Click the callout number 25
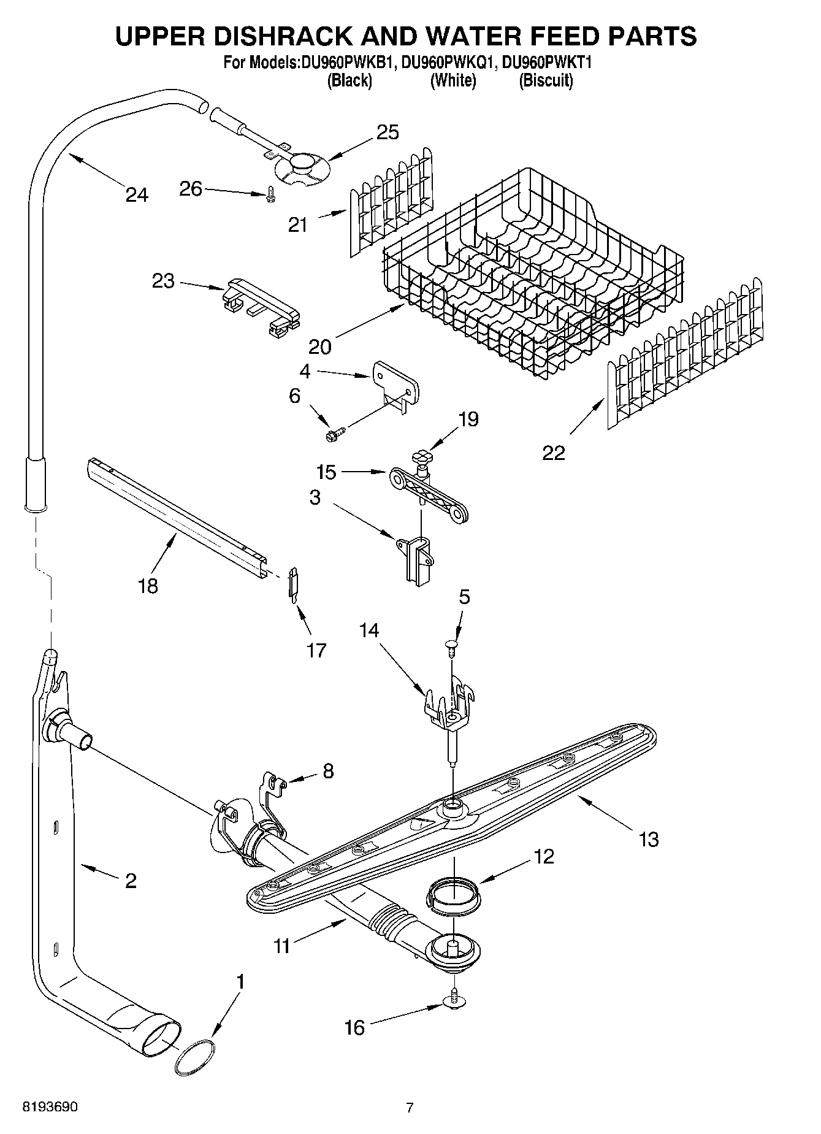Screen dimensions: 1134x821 388,132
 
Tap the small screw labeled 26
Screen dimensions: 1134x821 271,194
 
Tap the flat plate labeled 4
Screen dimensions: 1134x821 395,383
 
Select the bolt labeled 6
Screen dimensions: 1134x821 334,434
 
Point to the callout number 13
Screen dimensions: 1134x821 648,838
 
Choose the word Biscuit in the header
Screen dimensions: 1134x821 546,81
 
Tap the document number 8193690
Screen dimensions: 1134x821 50,1108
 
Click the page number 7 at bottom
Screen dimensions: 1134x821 410,1108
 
